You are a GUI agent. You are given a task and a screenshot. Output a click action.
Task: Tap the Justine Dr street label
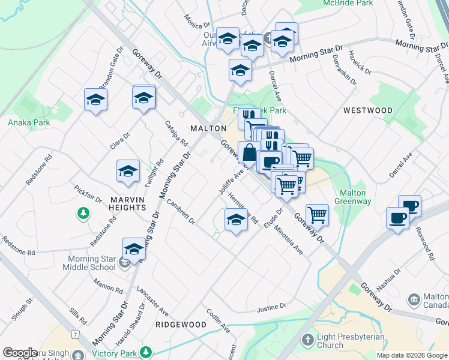coord(271,308)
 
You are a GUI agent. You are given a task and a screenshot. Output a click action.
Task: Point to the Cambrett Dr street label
coord(181,212)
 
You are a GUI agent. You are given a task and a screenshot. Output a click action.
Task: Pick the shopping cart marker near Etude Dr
coord(316,215)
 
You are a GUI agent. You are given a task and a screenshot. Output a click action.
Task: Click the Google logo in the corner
coord(19,353)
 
